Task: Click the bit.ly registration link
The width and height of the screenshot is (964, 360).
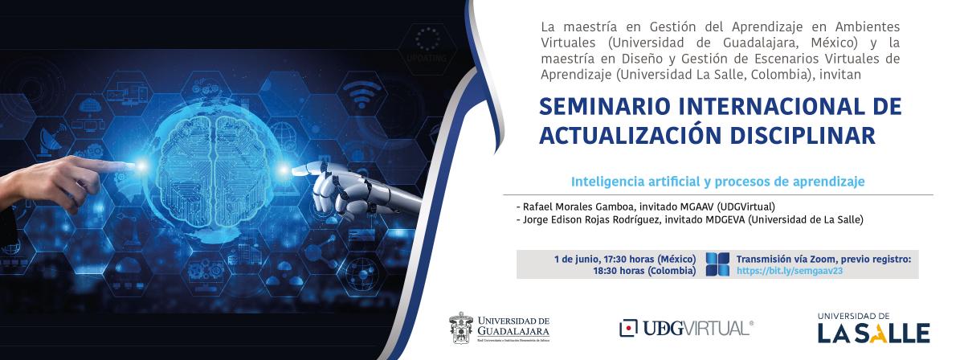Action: tap(789, 271)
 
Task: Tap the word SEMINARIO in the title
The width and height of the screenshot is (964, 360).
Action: tap(605, 107)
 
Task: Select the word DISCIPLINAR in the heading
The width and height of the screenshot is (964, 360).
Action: tap(803, 135)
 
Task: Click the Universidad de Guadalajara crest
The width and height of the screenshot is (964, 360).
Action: tap(461, 328)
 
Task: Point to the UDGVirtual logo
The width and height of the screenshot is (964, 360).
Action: tap(686, 329)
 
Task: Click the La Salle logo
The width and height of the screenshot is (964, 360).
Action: tap(874, 328)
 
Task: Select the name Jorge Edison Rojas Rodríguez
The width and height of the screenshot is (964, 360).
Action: tap(592, 219)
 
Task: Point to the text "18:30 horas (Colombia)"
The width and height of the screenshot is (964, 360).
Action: tap(644, 271)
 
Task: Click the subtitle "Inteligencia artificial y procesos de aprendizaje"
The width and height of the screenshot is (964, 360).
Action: tap(718, 182)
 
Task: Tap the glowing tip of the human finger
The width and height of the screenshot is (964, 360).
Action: tap(141, 166)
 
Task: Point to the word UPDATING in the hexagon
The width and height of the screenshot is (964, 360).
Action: tap(427, 58)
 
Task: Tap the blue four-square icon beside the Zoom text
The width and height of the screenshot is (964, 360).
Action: tap(717, 264)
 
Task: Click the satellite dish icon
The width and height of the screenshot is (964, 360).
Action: tap(50, 141)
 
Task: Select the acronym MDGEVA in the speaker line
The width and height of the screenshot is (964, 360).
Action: tap(725, 219)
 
